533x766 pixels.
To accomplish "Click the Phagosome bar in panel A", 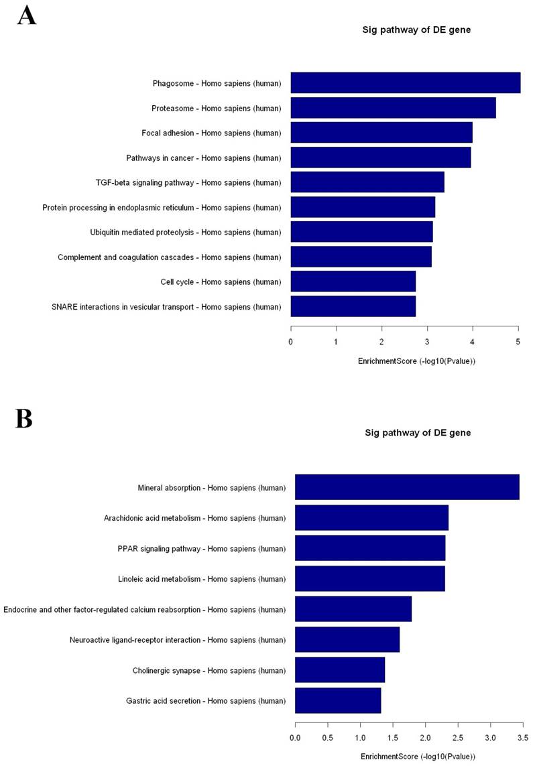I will tap(405, 83).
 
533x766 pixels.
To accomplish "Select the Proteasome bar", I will tap(393, 108).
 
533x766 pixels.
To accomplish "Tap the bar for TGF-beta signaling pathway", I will tap(367, 182).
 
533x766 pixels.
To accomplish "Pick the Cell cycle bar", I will tap(353, 281).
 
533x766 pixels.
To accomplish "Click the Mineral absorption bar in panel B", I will tap(407, 487).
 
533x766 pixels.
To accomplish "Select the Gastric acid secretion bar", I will tap(338, 700).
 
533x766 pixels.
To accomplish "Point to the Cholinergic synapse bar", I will tap(340, 670).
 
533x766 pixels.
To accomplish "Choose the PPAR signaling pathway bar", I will tap(370, 548).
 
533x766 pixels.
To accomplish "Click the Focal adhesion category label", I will tap(211, 133).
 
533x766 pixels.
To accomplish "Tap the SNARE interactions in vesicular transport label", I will tap(166, 307).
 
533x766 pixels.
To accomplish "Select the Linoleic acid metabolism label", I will tap(202, 579).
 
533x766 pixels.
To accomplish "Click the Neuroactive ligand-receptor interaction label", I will tap(178, 640).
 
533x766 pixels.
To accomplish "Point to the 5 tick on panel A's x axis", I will tap(518, 342).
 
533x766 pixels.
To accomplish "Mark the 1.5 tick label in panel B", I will tap(393, 738).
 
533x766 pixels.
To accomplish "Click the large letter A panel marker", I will tap(27, 15).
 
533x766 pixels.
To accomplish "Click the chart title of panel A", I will tap(417, 29).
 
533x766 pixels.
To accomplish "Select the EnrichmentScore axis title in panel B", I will tap(417, 757).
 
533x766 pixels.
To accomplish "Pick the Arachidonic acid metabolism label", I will tap(194, 518).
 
